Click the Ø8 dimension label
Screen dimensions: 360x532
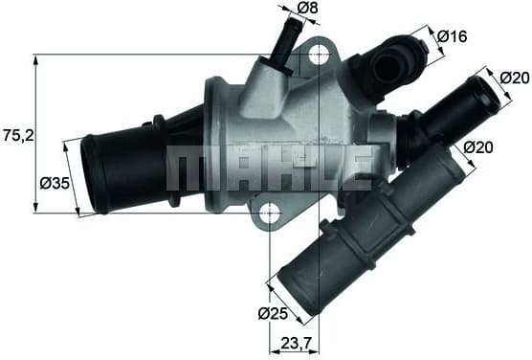pos(307,9)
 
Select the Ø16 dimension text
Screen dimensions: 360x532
pos(452,37)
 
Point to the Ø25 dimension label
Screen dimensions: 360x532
pos(273,313)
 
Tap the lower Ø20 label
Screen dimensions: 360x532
pos(478,147)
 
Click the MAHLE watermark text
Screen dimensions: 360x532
pos(269,168)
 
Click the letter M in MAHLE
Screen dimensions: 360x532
pos(188,168)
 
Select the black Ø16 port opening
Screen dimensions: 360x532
pos(389,63)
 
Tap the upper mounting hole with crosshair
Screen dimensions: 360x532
pos(318,55)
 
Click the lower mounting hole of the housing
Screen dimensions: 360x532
pos(271,212)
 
